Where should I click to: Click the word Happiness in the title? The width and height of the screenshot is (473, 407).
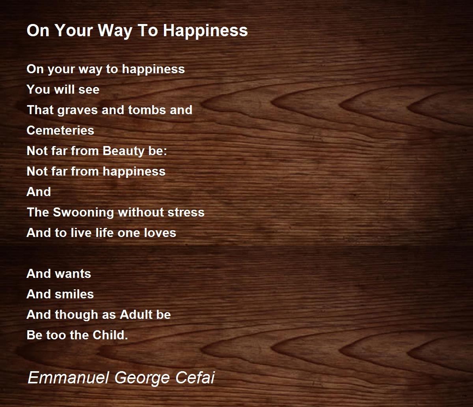(205, 31)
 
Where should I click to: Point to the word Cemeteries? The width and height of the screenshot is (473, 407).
(60, 131)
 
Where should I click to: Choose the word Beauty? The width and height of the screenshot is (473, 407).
(123, 152)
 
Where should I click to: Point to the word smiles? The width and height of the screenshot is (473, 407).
(74, 294)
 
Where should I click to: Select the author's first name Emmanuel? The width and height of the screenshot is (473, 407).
(68, 377)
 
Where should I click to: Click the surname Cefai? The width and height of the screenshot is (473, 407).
(195, 377)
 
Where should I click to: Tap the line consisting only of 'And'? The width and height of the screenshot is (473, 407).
(39, 192)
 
